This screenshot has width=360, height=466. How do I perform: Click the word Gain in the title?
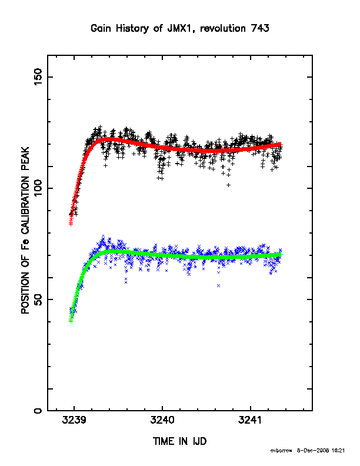click(101, 28)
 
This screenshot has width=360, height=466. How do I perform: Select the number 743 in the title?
click(260, 28)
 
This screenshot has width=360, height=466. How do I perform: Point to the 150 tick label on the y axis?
click(38, 76)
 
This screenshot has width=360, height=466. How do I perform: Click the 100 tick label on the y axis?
click(38, 188)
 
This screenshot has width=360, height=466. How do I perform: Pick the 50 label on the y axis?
click(38, 299)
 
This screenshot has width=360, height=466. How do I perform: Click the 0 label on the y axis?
click(38, 411)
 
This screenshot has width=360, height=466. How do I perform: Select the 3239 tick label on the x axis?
click(74, 420)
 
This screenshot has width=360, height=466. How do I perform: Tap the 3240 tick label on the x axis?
click(162, 420)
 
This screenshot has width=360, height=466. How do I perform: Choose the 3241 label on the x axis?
click(250, 420)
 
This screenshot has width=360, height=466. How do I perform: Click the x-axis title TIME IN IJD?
click(179, 441)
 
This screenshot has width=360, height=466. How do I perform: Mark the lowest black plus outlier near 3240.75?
click(228, 185)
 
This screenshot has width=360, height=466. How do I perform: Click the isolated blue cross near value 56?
click(219, 285)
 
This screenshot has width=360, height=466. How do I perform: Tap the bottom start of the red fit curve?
click(71, 224)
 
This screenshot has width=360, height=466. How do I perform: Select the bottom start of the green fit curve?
click(71, 321)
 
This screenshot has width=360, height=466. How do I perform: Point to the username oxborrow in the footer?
click(281, 451)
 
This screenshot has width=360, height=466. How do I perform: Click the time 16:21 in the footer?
click(339, 451)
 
